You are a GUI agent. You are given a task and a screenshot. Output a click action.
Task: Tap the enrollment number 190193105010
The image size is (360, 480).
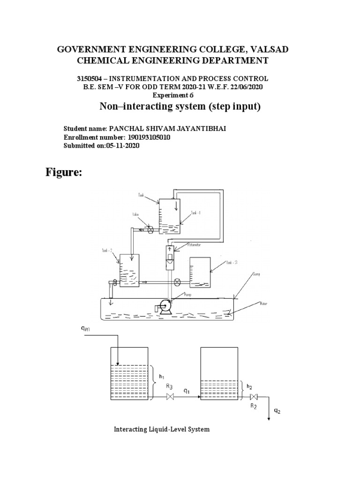(148, 137)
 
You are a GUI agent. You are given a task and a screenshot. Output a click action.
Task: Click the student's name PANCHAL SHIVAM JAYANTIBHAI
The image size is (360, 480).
(167, 128)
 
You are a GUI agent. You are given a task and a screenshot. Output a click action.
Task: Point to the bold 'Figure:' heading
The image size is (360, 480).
(64, 173)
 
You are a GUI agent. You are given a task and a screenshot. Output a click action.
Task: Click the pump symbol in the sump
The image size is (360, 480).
(164, 307)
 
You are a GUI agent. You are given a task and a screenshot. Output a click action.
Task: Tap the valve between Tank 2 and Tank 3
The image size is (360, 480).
(177, 282)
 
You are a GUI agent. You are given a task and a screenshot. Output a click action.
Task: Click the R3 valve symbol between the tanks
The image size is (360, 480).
(171, 397)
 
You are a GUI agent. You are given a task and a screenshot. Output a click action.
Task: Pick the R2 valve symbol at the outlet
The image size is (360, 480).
(254, 397)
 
